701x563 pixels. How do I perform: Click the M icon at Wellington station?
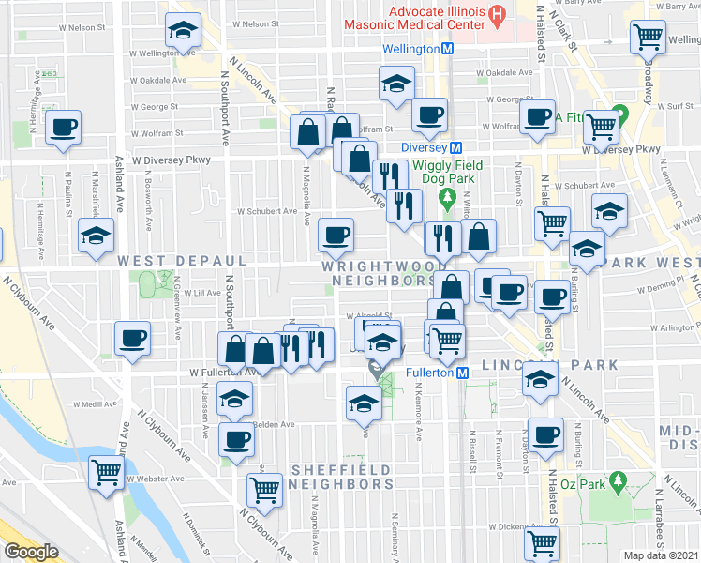tap(448, 48)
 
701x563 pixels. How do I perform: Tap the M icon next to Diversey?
tap(456, 147)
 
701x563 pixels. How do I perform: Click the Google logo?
tap(32, 551)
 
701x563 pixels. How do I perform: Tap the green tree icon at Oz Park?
tap(618, 483)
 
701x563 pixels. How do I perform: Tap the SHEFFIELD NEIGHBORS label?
tap(340, 477)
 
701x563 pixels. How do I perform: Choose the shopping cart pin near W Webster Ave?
tap(105, 471)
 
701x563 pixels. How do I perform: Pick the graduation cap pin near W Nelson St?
tap(182, 30)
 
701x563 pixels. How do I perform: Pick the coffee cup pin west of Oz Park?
tap(545, 434)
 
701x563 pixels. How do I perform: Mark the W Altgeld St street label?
tap(367, 316)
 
